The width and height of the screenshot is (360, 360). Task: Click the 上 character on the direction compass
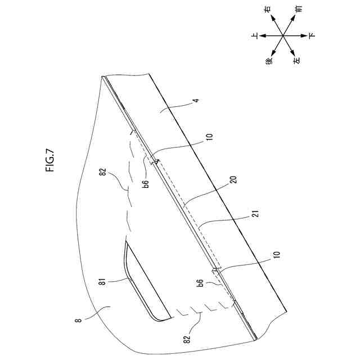pyautogui.click(x=255, y=35)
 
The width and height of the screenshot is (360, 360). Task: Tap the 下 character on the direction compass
pyautogui.click(x=313, y=35)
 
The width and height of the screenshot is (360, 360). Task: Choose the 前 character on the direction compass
pyautogui.click(x=298, y=11)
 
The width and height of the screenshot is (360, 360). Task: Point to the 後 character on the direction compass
pyautogui.click(x=269, y=60)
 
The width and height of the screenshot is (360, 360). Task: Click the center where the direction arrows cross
pyautogui.click(x=283, y=35)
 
